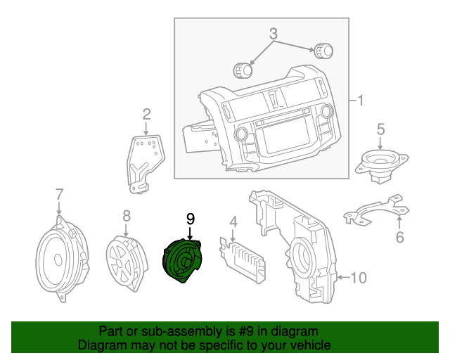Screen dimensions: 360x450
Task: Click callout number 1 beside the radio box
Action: pyautogui.click(x=361, y=101)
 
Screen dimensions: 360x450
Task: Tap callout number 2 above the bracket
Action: pyautogui.click(x=147, y=114)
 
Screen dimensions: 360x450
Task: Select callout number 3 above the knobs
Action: pyautogui.click(x=274, y=33)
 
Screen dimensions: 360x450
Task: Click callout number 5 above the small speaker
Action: pyautogui.click(x=380, y=129)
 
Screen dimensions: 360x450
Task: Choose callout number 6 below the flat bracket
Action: pyautogui.click(x=399, y=237)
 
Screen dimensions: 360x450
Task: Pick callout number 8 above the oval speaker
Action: pyautogui.click(x=127, y=215)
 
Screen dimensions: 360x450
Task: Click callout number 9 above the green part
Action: pyautogui.click(x=190, y=219)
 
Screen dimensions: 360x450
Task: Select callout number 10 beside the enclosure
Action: pyautogui.click(x=359, y=278)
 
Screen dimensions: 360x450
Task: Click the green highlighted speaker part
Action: pyautogui.click(x=182, y=262)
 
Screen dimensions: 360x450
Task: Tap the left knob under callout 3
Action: pyautogui.click(x=243, y=70)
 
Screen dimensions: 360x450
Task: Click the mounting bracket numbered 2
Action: pyautogui.click(x=145, y=160)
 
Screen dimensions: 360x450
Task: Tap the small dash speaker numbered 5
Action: pyautogui.click(x=380, y=165)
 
